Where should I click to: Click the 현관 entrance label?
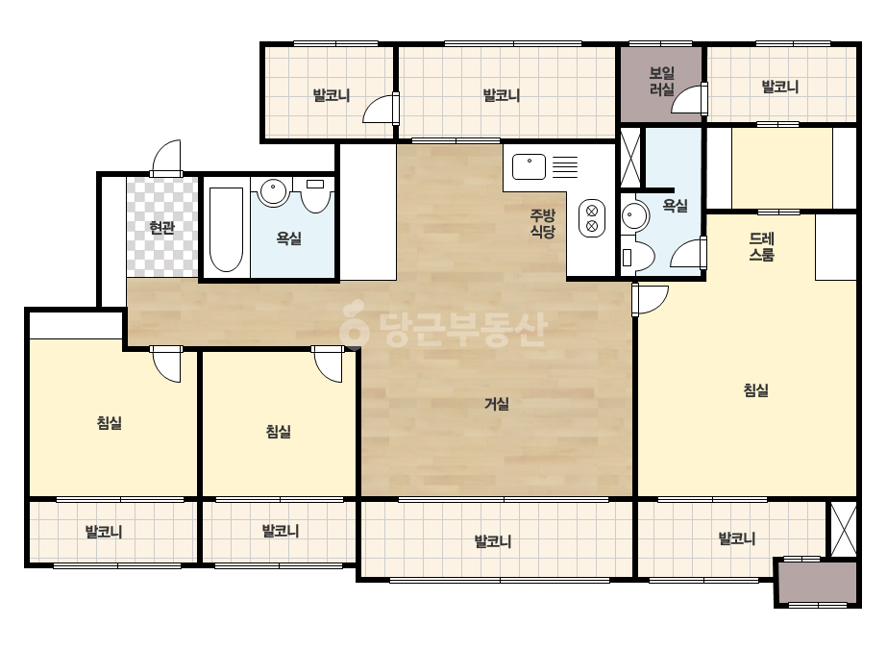click(161, 228)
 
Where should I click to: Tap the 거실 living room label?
click(497, 404)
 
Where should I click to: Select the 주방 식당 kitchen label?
click(543, 223)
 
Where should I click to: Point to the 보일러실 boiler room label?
click(661, 81)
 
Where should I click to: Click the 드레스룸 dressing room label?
click(761, 247)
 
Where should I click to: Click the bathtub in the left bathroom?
click(226, 229)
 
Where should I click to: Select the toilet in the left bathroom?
click(315, 195)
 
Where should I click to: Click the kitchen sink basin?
click(529, 167)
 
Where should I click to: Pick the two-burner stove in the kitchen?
click(592, 218)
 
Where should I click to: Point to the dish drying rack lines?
click(564, 167)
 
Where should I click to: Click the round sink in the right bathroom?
click(633, 215)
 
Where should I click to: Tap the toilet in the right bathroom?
click(637, 257)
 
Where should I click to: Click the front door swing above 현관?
click(166, 158)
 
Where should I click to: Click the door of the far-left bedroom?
click(166, 364)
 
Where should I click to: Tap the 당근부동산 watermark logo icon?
click(354, 323)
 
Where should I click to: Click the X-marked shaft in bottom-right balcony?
click(844, 529)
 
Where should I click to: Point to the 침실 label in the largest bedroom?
click(755, 389)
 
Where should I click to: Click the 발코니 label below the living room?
click(493, 541)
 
